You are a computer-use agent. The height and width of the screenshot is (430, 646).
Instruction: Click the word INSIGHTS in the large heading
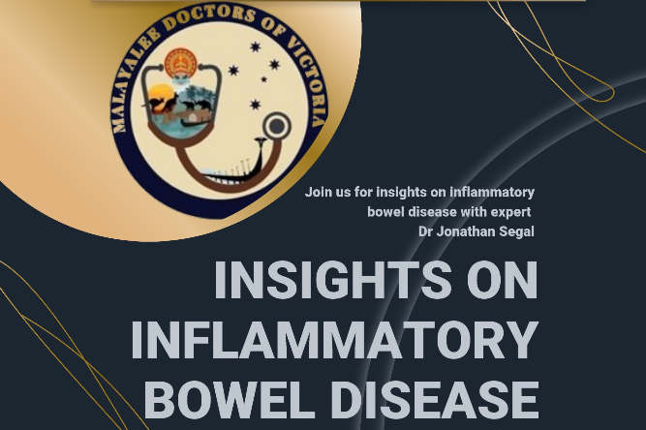pyautogui.click(x=334, y=280)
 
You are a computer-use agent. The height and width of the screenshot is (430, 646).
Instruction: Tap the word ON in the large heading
pyautogui.click(x=503, y=280)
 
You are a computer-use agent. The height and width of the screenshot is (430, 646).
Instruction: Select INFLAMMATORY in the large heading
pyautogui.click(x=334, y=339)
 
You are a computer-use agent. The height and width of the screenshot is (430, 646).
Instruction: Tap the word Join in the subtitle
pyautogui.click(x=318, y=192)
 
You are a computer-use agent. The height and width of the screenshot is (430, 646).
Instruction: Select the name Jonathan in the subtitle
pyautogui.click(x=466, y=231)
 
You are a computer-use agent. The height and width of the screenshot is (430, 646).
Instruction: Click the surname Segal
pyautogui.click(x=516, y=231)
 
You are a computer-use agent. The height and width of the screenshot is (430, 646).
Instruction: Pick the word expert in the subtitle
pyautogui.click(x=511, y=212)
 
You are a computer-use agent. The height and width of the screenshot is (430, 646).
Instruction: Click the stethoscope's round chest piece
pyautogui.click(x=276, y=127)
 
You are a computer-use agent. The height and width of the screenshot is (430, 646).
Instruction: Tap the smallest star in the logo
pyautogui.click(x=264, y=79)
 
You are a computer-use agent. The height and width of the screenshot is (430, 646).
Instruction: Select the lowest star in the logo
pyautogui.click(x=256, y=105)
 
